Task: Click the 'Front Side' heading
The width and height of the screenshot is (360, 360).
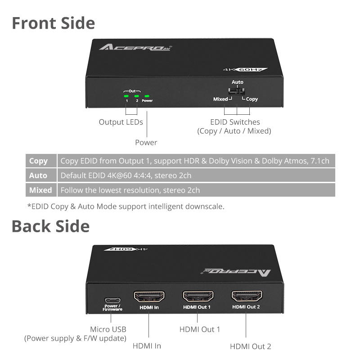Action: (x=53, y=23)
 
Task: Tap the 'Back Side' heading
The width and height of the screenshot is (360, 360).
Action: (x=50, y=226)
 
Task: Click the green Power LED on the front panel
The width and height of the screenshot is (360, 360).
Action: (x=147, y=95)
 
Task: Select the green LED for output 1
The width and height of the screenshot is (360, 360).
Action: (x=127, y=95)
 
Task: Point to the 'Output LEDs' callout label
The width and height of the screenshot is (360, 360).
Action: (x=121, y=122)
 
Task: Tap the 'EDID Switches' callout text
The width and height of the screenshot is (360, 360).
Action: (x=235, y=122)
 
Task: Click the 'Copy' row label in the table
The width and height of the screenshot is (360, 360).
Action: (x=38, y=161)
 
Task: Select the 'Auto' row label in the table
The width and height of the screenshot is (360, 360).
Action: (x=38, y=175)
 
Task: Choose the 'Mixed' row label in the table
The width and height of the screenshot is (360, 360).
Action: (x=40, y=190)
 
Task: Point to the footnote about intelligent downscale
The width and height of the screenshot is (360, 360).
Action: (x=126, y=207)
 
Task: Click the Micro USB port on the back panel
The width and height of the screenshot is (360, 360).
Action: (x=111, y=300)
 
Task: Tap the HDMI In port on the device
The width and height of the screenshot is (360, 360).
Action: (x=149, y=297)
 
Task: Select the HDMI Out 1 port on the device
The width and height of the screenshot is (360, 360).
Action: (x=198, y=297)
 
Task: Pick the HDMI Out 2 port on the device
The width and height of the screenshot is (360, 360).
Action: (x=247, y=297)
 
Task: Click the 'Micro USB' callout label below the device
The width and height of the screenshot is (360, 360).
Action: (x=108, y=329)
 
